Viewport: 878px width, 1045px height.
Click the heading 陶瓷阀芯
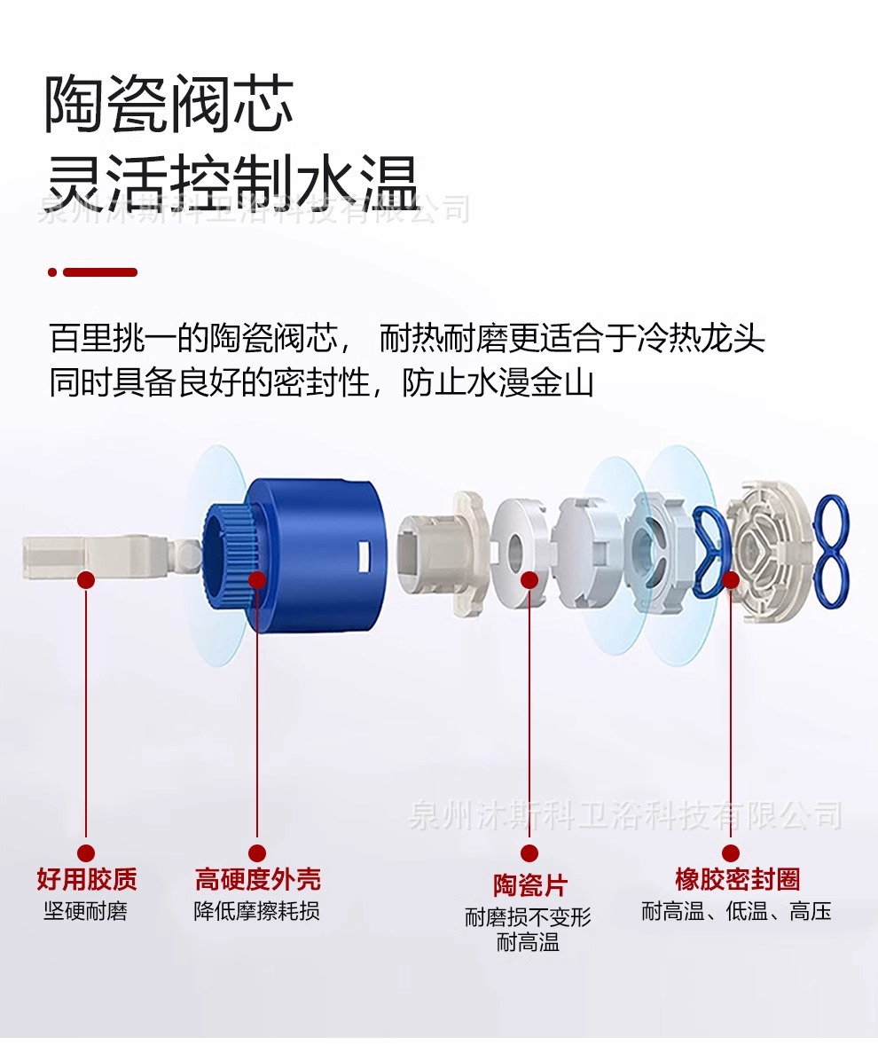click(169, 104)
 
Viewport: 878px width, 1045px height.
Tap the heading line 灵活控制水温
click(233, 183)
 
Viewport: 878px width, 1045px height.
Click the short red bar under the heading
click(92, 272)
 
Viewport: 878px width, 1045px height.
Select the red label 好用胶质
click(87, 879)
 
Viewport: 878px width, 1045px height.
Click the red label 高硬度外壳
click(257, 879)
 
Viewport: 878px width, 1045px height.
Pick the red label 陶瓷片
click(529, 885)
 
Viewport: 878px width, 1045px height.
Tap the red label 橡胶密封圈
click(738, 879)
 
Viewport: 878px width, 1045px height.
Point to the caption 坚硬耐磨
click(86, 910)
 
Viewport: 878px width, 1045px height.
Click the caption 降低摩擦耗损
click(257, 910)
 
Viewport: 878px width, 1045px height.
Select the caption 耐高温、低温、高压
click(737, 910)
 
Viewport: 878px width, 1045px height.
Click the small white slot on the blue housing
click(364, 555)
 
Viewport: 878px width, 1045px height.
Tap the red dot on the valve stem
click(86, 580)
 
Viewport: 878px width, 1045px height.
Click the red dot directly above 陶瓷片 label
click(529, 853)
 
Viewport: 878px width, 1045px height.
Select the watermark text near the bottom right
click(625, 816)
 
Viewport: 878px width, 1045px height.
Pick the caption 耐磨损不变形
click(529, 917)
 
